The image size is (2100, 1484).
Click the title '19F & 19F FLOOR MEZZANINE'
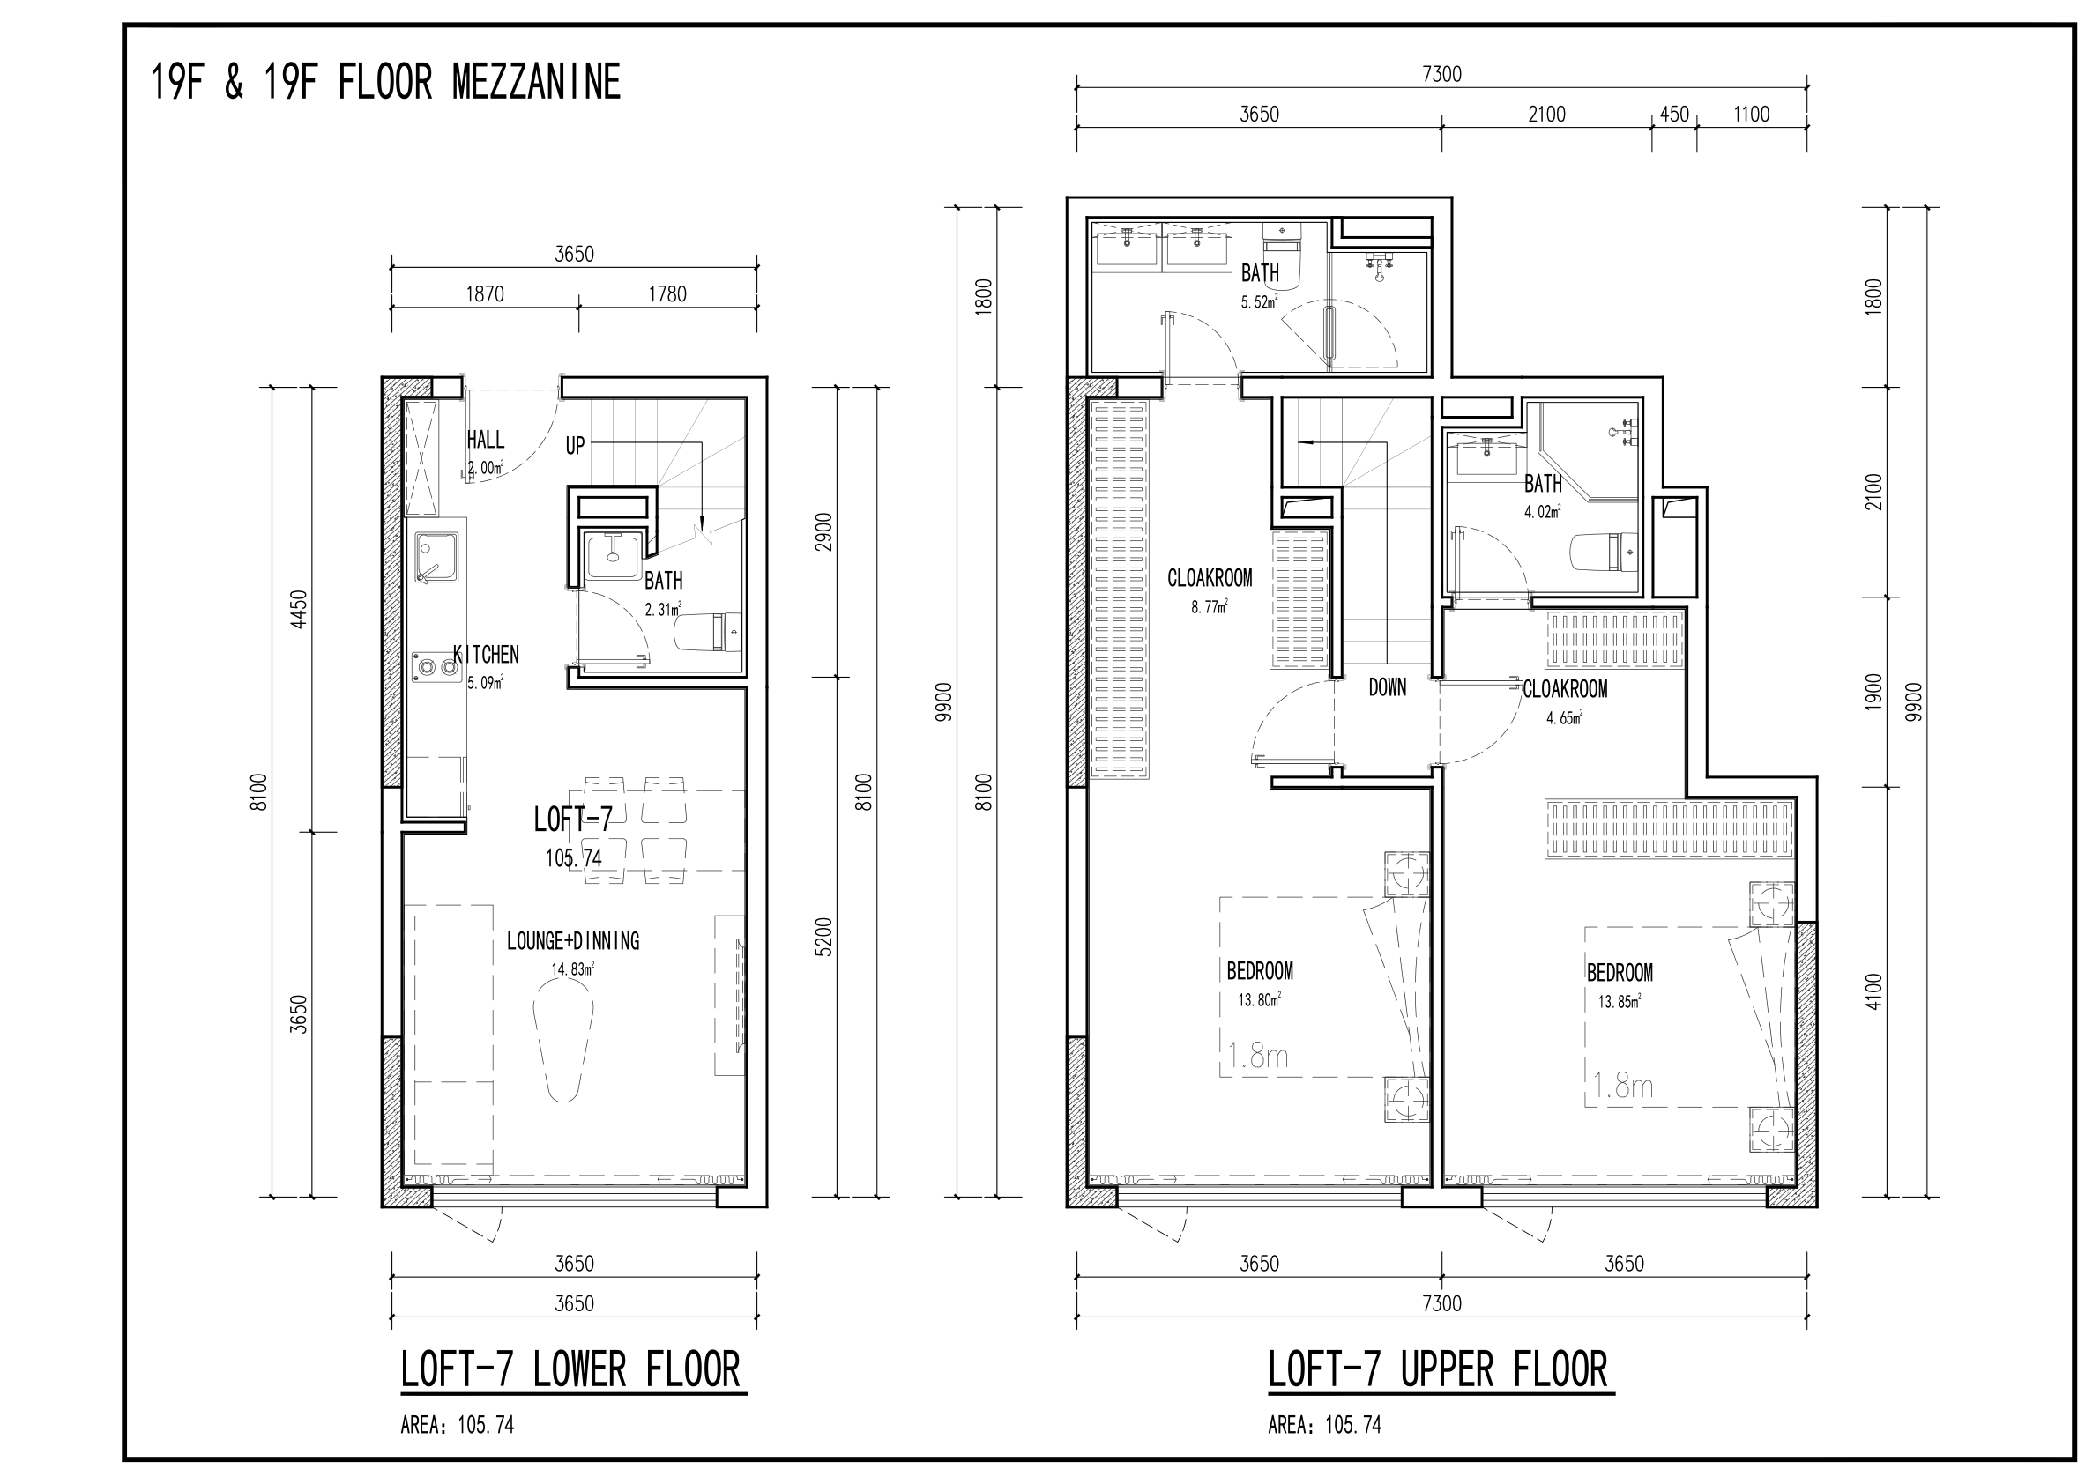[385, 82]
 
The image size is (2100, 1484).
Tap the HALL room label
[486, 440]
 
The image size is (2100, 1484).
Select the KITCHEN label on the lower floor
[487, 655]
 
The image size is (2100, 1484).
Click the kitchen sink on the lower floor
[437, 558]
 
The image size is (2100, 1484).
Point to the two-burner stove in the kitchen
[436, 666]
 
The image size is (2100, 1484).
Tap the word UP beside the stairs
[575, 446]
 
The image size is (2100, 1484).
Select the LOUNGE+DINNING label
[573, 941]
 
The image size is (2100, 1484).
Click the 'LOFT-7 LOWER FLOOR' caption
[570, 1370]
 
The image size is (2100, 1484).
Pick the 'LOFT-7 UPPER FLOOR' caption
[1438, 1370]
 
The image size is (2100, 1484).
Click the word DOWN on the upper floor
[1388, 687]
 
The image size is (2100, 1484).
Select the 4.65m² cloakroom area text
[1564, 718]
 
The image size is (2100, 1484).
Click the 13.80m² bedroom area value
[1260, 999]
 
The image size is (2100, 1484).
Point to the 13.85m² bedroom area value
[1619, 1001]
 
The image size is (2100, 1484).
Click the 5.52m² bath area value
[1260, 302]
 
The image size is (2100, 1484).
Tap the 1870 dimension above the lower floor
[485, 293]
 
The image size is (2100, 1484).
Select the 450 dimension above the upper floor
[1675, 115]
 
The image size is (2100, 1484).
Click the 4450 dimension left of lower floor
[299, 609]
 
